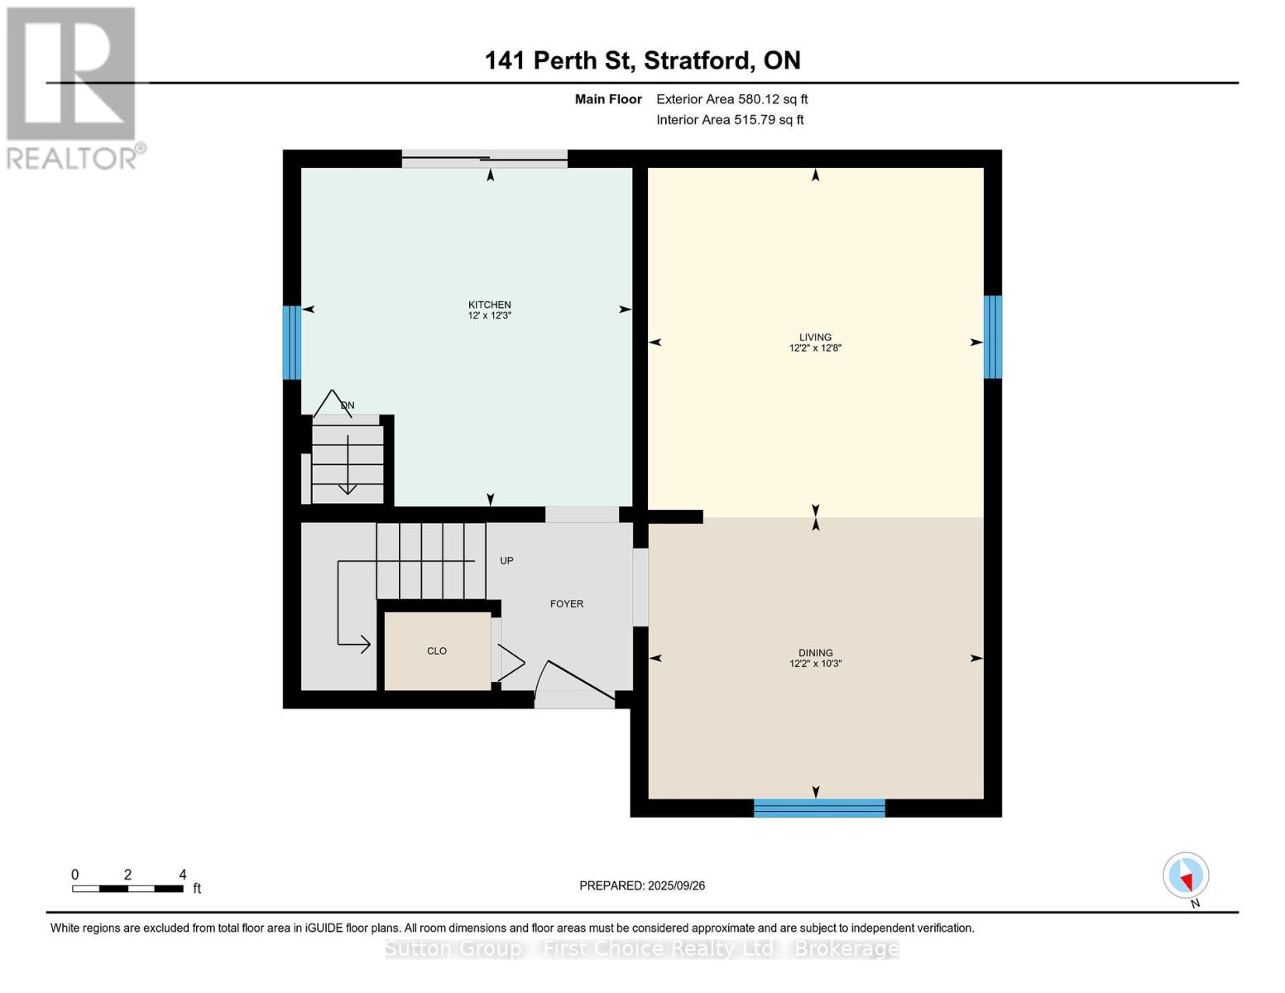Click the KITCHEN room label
(x=489, y=305)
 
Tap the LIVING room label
(x=815, y=337)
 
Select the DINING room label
(x=815, y=653)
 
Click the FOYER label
(x=567, y=604)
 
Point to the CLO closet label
(x=437, y=651)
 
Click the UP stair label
(x=506, y=561)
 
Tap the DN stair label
(x=348, y=405)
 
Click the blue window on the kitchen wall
(x=291, y=343)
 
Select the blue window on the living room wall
(x=992, y=337)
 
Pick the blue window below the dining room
(x=819, y=808)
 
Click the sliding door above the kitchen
(x=485, y=159)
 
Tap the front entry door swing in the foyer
(x=575, y=684)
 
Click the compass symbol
(x=1186, y=875)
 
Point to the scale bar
(x=127, y=889)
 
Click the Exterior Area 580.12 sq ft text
(x=731, y=99)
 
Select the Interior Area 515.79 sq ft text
(x=730, y=120)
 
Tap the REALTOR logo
(x=73, y=87)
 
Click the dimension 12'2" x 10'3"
(x=815, y=664)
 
